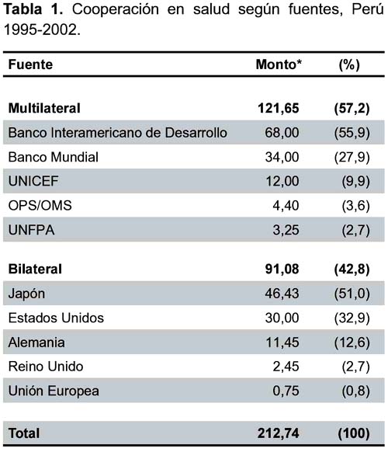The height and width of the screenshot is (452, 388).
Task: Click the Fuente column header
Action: coord(30,64)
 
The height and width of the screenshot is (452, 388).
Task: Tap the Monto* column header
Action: coord(279,64)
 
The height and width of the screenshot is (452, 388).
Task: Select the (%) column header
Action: coord(349,64)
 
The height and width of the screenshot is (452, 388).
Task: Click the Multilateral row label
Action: coord(44,108)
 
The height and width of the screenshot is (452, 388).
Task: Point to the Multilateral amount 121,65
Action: coord(279,109)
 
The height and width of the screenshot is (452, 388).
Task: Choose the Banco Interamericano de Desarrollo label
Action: coord(118,133)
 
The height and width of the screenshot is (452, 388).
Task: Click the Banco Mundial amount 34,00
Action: coord(282,157)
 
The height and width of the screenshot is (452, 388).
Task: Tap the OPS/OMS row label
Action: coord(40,206)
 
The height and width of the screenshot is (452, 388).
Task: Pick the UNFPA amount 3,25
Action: coord(286,230)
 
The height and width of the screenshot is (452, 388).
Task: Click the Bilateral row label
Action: coord(35,269)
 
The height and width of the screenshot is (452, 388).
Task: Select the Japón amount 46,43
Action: coord(282,294)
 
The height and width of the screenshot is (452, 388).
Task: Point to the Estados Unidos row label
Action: coord(56,318)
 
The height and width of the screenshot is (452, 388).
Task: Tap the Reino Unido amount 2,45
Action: coord(286,367)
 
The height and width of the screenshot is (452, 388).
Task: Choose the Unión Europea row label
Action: coord(54,391)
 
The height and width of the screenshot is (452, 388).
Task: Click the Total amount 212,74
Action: coord(279,433)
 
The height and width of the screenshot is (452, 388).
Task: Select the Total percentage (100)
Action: coord(354,433)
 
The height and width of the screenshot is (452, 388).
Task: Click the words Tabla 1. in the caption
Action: coord(33,9)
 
